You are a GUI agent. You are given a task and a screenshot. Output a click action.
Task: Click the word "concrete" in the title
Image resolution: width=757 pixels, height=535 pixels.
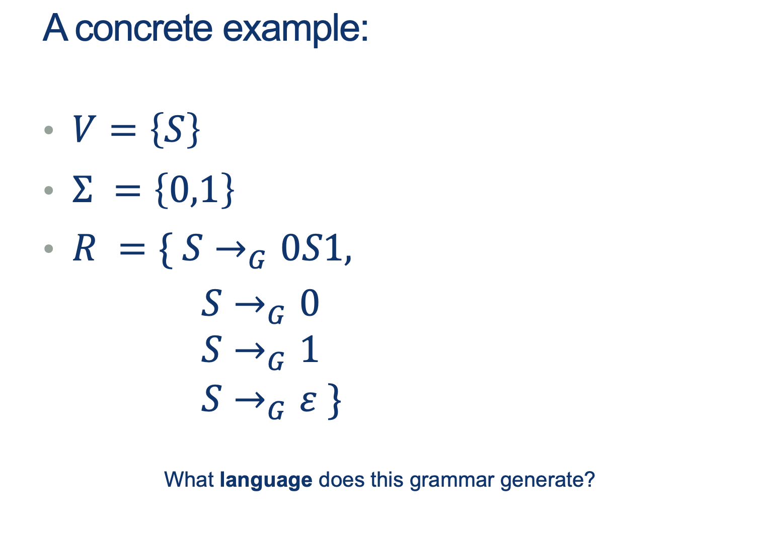[143, 29]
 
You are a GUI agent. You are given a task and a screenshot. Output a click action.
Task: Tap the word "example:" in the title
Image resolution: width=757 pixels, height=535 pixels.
[295, 30]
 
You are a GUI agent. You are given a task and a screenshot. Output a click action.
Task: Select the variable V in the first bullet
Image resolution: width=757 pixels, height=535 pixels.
[84, 129]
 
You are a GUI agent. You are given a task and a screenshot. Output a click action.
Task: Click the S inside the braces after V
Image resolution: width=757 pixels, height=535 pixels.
[175, 129]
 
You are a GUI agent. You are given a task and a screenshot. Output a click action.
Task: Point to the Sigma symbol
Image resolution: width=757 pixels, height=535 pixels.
[83, 189]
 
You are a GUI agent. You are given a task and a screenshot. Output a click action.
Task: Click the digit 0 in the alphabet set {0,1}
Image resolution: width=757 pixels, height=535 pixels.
[180, 190]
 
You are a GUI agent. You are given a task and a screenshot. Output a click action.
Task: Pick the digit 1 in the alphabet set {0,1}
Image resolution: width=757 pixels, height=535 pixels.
[209, 190]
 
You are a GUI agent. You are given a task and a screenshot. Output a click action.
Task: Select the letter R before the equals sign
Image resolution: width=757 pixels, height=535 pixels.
[84, 248]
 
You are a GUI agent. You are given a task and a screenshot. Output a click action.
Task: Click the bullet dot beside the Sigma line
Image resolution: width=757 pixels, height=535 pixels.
[49, 191]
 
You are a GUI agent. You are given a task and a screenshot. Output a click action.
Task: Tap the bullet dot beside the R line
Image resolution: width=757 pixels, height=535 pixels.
[49, 249]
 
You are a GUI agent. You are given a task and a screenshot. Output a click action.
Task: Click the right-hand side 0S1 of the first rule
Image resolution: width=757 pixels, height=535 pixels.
[311, 248]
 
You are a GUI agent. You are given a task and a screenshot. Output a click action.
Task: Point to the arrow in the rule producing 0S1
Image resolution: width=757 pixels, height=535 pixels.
[231, 250]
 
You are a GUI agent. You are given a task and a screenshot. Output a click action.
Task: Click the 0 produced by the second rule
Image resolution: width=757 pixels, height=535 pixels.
[310, 303]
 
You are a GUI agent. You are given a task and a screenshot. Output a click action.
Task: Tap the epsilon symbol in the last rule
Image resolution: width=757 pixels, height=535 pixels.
[308, 402]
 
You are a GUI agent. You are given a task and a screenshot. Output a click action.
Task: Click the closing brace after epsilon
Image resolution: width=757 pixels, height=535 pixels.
[334, 402]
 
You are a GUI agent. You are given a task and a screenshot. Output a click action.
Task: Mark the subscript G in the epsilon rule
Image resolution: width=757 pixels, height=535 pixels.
[276, 411]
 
